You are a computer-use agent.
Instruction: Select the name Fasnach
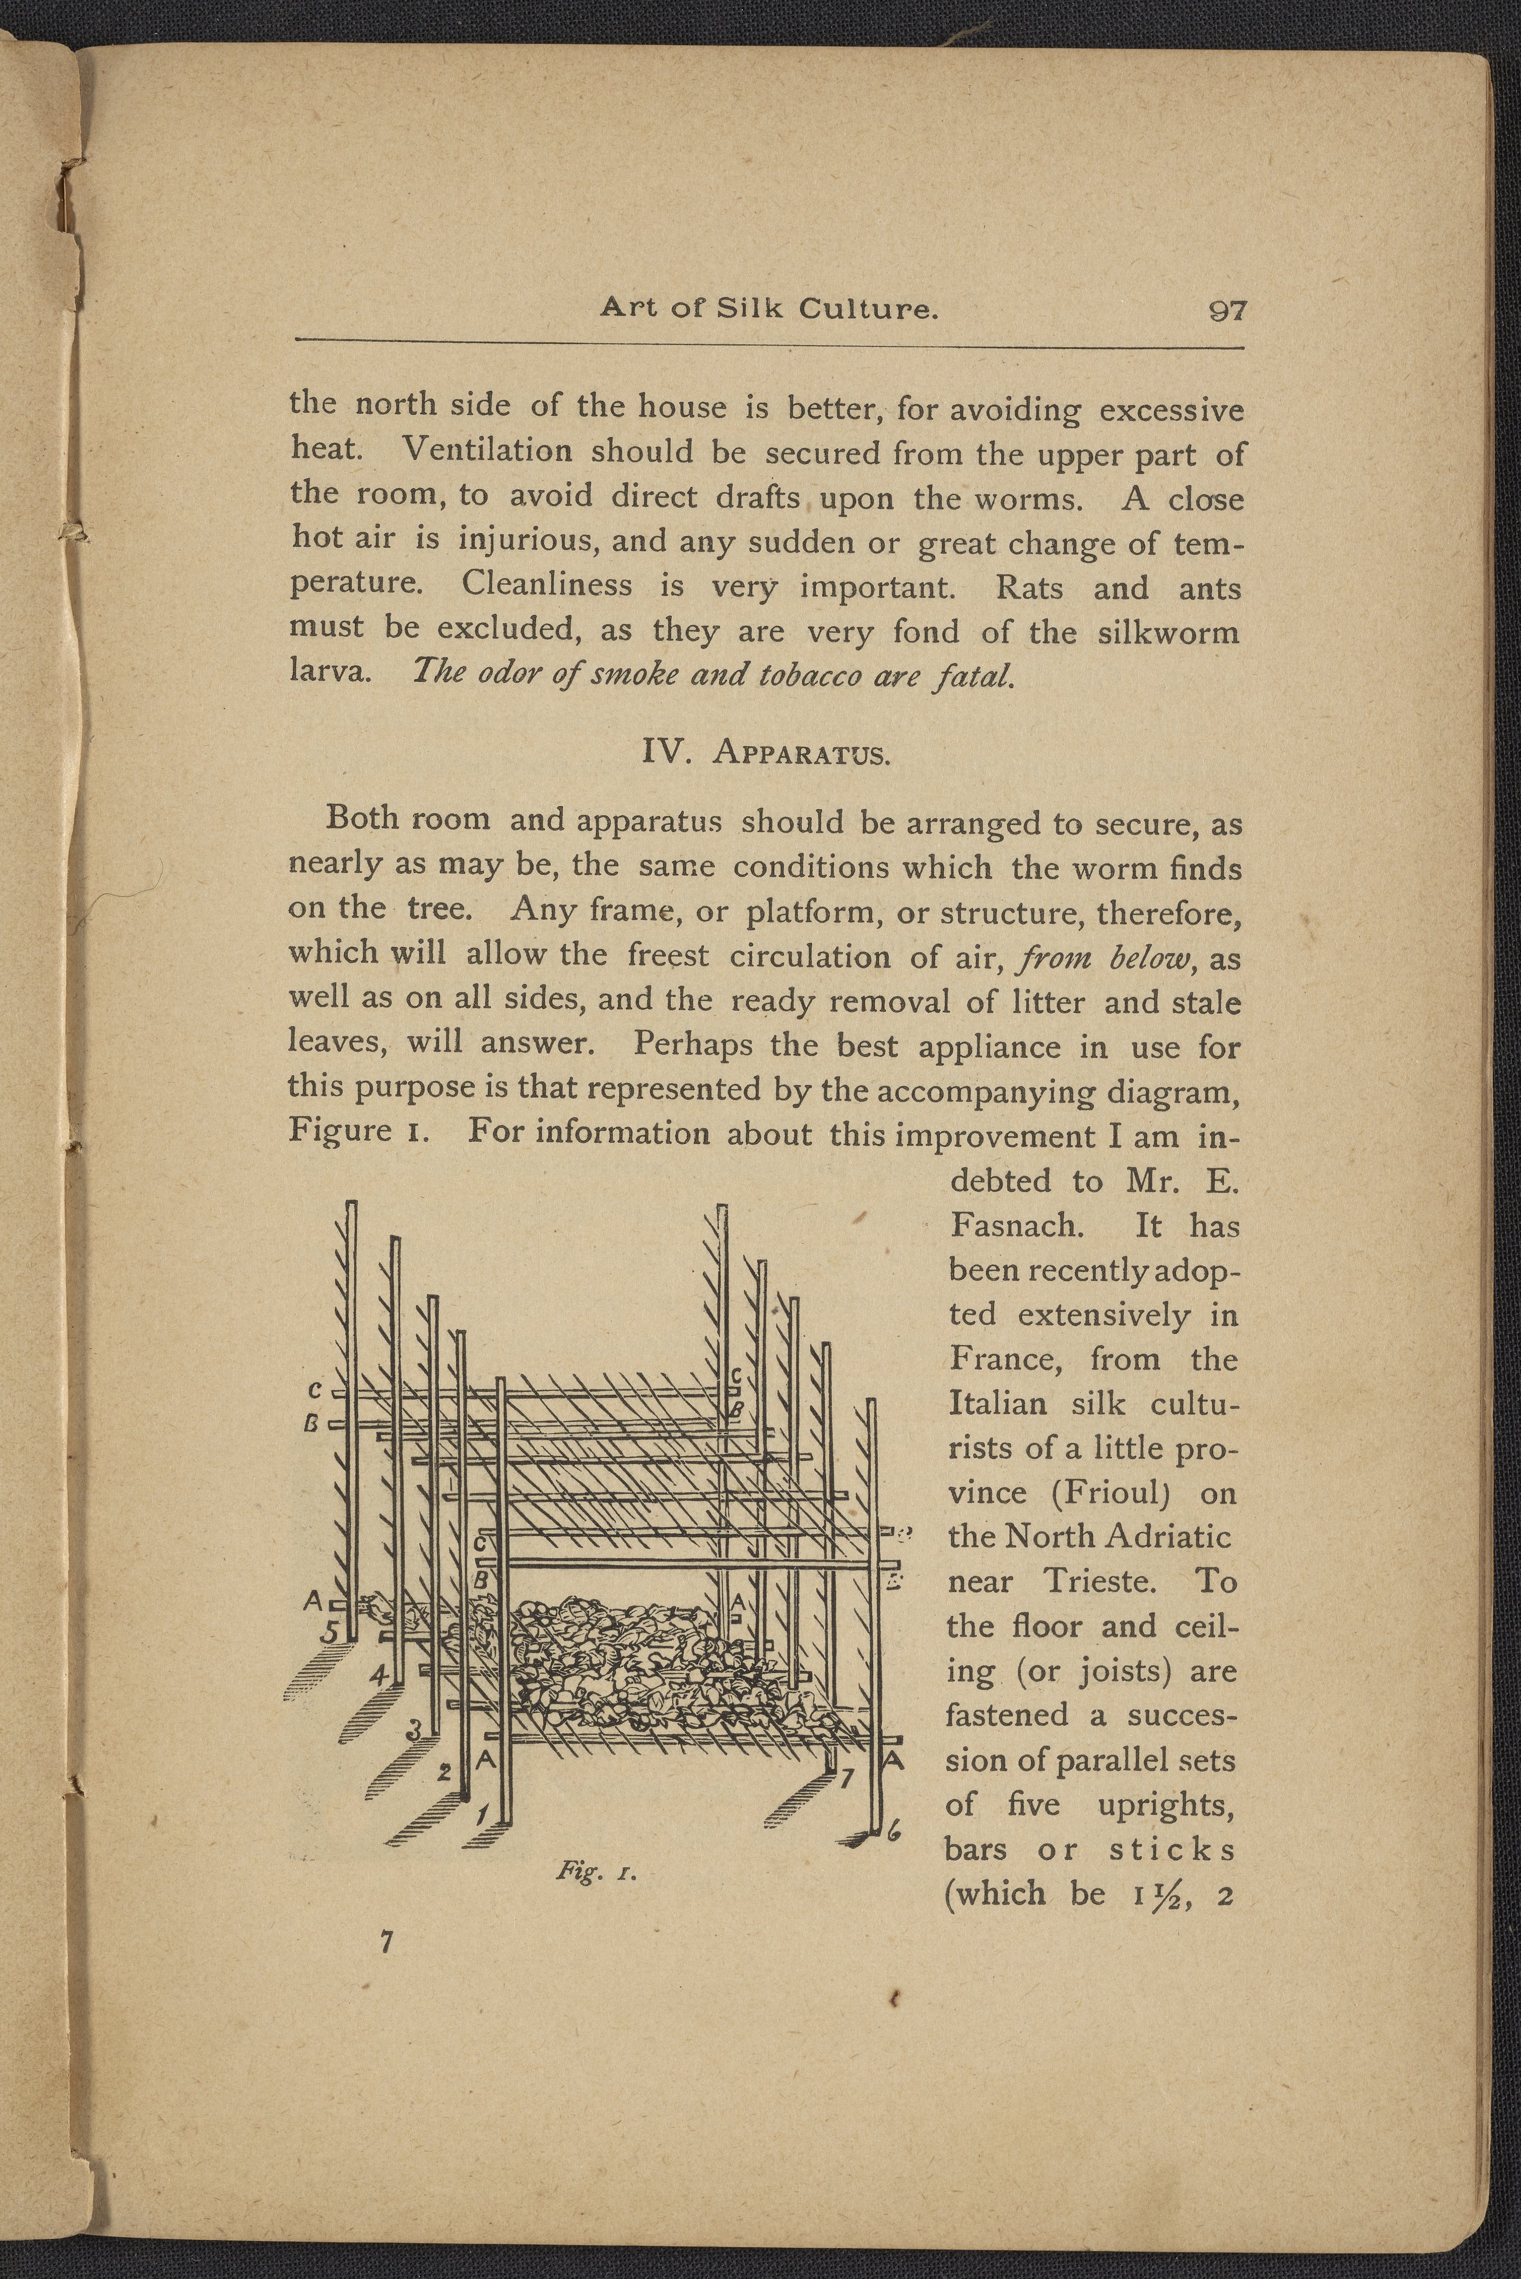tap(1016, 1226)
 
